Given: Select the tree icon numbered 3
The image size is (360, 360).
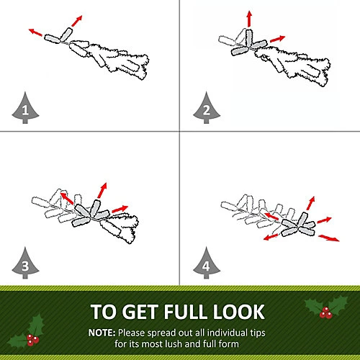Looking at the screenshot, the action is coord(25,264).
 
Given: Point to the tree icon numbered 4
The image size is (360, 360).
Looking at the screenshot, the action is coord(207,264).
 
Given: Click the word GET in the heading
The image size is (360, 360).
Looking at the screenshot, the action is coord(141,312).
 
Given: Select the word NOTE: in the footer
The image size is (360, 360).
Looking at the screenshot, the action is coord(102,333).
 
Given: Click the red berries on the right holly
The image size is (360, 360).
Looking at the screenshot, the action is coord(325,312).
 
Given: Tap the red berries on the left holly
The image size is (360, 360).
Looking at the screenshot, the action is coord(32,340).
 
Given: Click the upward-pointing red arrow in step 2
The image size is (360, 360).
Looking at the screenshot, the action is coord(249,19).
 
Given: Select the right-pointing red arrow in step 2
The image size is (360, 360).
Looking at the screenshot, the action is coord(278,39).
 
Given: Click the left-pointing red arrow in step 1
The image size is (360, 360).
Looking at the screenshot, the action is coord(35,32).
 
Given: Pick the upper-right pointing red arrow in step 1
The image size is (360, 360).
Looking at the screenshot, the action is coord(77,21).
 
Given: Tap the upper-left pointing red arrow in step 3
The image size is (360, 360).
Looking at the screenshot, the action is coord(67,198).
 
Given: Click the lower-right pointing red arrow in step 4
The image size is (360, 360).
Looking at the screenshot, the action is coord(329,238).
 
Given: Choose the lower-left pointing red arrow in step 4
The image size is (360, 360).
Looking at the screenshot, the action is coord(271,237).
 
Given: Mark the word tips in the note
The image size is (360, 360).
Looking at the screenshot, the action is coord(258,333).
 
